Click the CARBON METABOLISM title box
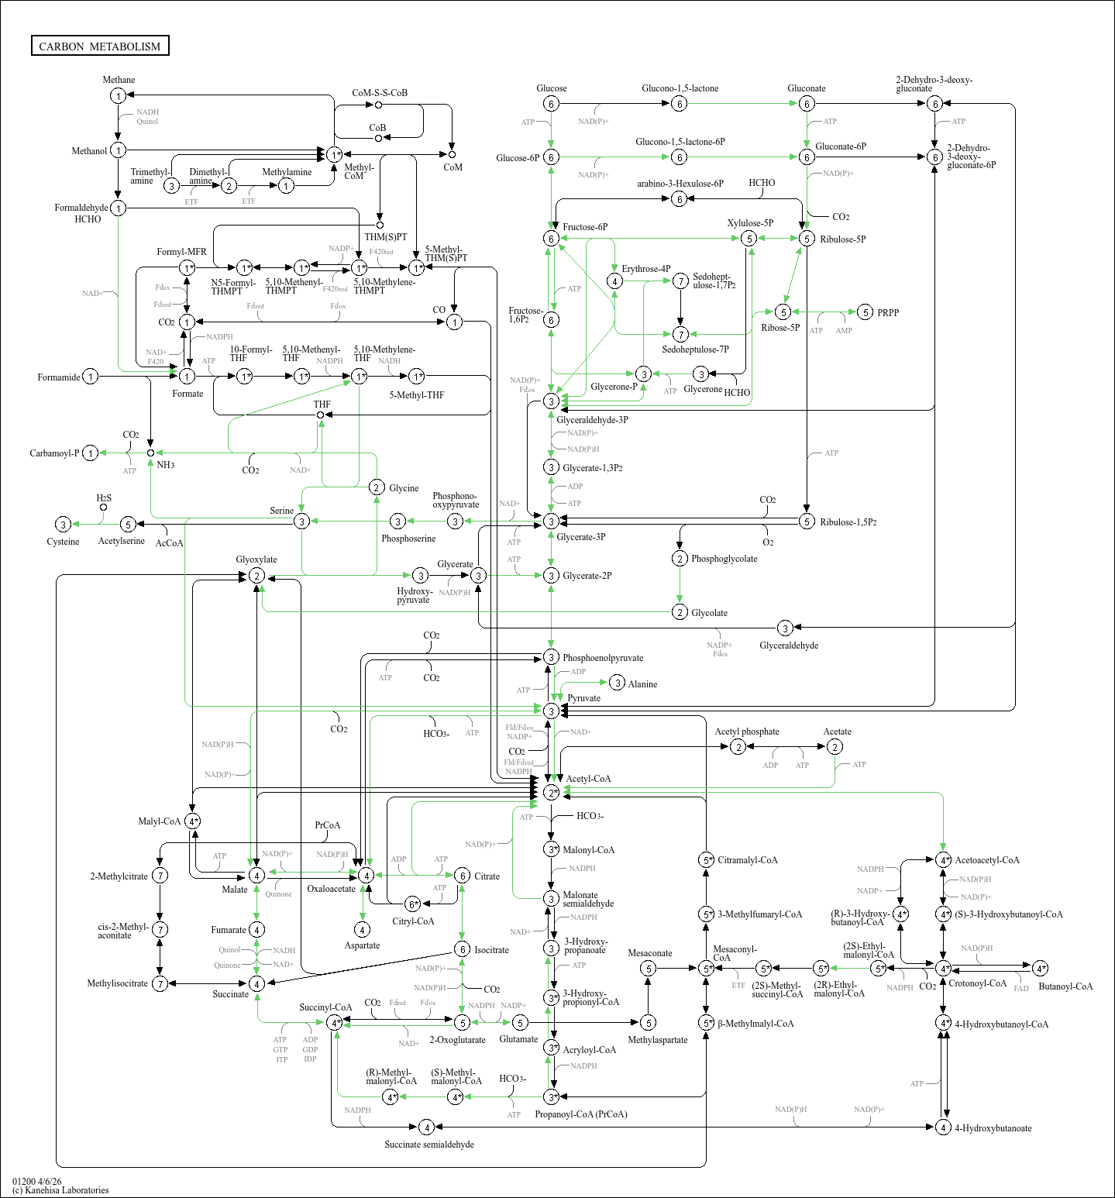coord(100,46)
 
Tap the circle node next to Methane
coord(118,95)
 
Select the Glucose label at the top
coord(551,88)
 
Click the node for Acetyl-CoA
coord(551,792)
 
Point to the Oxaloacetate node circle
coord(366,875)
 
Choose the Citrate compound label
coord(487,876)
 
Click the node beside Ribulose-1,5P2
coord(807,522)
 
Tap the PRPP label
coord(888,312)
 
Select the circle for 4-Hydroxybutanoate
coord(943,1127)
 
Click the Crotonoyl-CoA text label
coord(977,983)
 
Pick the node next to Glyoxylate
coord(256,576)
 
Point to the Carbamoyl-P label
coord(54,453)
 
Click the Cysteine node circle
coord(64,525)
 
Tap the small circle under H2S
coord(103,508)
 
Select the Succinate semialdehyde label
coord(429,1145)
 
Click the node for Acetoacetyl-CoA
coord(943,860)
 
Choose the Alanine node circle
coord(617,683)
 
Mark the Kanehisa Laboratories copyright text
coord(60,1190)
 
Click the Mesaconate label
coord(649,953)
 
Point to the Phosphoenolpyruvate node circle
coord(551,657)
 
